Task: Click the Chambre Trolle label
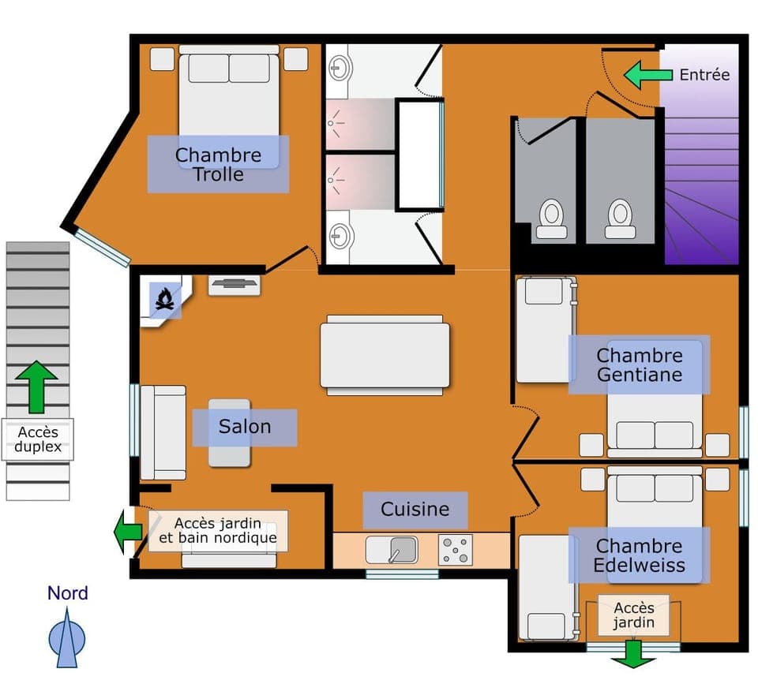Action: click(218, 164)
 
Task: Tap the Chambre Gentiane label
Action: click(639, 364)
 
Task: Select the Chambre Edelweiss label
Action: click(639, 555)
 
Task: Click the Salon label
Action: click(245, 427)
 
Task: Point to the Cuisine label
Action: click(415, 510)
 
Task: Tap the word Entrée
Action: click(704, 75)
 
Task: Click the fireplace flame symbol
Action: click(165, 300)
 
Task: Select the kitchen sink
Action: click(392, 550)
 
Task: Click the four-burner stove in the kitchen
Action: click(456, 550)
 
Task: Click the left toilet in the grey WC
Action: click(551, 217)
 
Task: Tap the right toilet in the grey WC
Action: click(621, 217)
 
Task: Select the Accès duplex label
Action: click(38, 439)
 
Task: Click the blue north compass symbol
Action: click(67, 637)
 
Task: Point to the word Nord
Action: click(68, 593)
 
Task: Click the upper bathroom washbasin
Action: click(340, 66)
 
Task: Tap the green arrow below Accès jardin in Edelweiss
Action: click(633, 653)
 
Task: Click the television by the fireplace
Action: click(235, 284)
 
